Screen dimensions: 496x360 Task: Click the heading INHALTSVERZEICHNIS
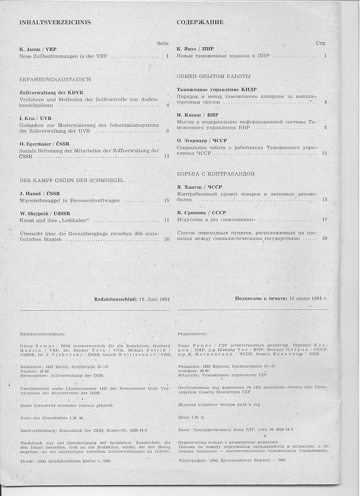(55, 22)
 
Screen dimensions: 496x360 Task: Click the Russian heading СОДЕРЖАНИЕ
(200, 22)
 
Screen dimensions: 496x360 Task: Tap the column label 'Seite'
(163, 43)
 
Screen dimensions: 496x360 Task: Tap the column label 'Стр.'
(321, 43)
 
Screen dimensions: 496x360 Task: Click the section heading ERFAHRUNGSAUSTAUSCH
(55, 79)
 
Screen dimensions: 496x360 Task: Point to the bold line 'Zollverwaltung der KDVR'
(51, 92)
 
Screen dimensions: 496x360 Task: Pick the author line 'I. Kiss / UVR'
(36, 118)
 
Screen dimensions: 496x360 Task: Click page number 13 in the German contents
(166, 156)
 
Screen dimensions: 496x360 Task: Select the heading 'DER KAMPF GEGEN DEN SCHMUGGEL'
(72, 180)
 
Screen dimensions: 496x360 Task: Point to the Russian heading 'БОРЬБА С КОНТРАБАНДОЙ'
(215, 174)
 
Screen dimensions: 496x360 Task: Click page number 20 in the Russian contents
(324, 238)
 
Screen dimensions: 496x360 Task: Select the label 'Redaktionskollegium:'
(43, 334)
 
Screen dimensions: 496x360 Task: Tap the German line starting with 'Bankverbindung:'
(85, 430)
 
